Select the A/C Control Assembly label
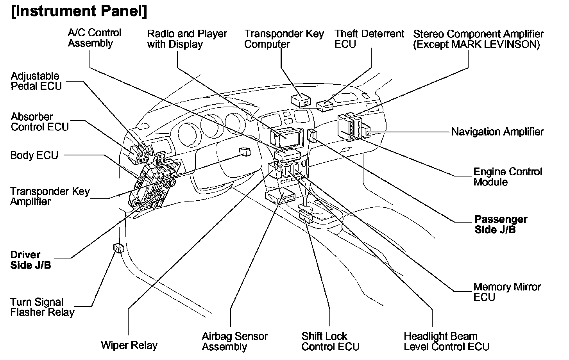pos(95,38)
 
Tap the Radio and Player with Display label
pos(187,39)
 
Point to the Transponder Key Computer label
pos(284,39)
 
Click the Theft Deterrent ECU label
pos(369,39)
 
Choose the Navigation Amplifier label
pos(497,132)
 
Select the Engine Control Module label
pos(508,177)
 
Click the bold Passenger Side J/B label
pos(501,224)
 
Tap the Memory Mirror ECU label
pos(507,292)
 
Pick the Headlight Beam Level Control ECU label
pos(446,341)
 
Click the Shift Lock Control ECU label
pos(330,341)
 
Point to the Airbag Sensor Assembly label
pos(234,341)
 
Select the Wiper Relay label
pos(129,345)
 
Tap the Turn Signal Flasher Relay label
pos(42,307)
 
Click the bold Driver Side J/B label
pos(30,260)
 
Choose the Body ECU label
pos(34,155)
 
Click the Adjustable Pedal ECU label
pos(36,81)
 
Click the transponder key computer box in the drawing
pos(301,100)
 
